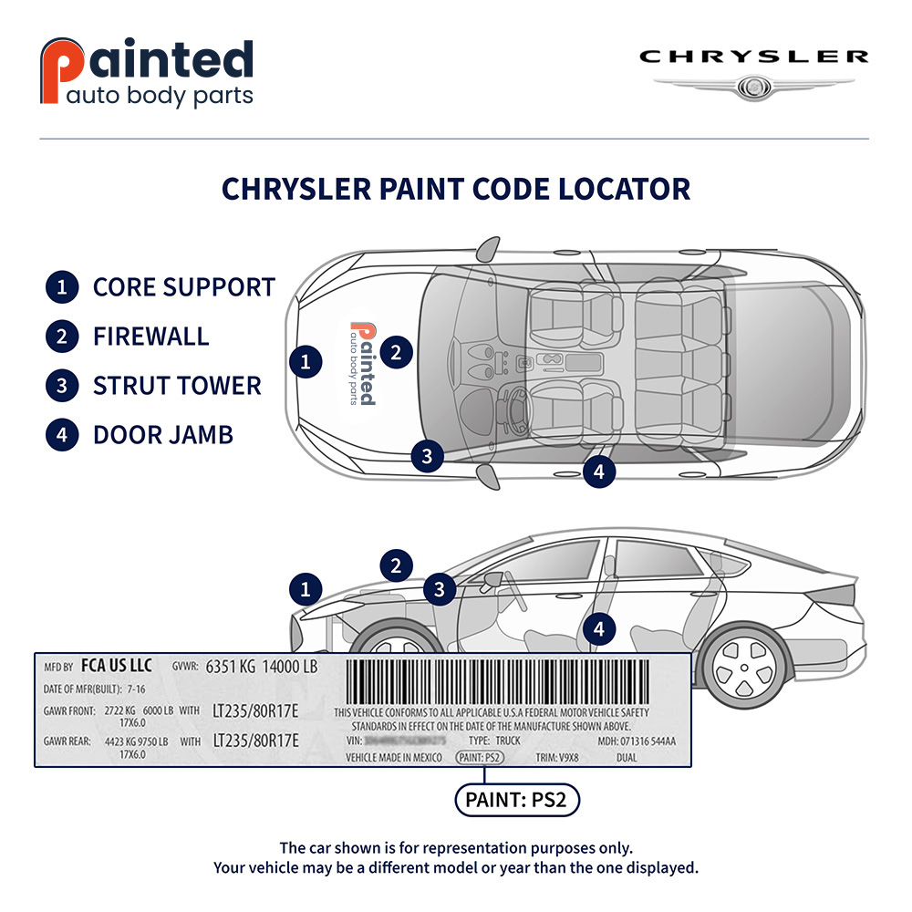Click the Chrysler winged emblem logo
[x=753, y=87]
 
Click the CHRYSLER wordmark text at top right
[x=753, y=57]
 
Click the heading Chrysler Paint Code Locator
[x=456, y=189]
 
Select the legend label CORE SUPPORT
[x=183, y=286]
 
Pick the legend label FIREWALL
[x=150, y=336]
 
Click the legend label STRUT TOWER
[x=177, y=385]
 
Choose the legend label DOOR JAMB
[x=163, y=434]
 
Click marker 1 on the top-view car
[x=306, y=362]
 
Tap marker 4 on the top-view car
[x=598, y=472]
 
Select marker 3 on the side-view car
[x=439, y=589]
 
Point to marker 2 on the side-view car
[x=396, y=565]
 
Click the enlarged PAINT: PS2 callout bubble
[x=517, y=801]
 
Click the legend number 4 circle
[x=61, y=434]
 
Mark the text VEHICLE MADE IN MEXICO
[x=393, y=757]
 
